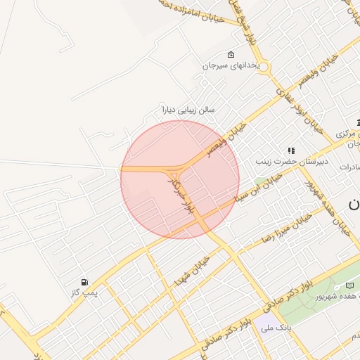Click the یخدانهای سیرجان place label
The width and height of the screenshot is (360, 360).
[231, 66]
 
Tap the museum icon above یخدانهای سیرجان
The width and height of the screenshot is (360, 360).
[231, 55]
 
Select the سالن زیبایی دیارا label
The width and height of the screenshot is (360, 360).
[188, 110]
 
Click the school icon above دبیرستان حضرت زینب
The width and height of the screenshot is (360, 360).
[290, 150]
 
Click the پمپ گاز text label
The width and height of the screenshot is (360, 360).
[85, 292]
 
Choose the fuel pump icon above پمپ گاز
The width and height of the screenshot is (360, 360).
[85, 281]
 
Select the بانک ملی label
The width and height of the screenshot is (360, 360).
[275, 328]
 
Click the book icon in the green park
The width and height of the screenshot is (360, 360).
[349, 285]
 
